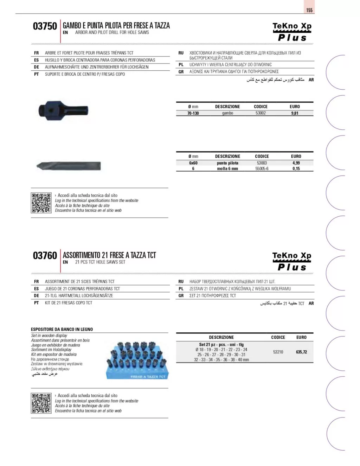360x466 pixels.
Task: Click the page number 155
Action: pyautogui.click(x=309, y=10)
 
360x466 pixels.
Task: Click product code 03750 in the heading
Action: pyautogui.click(x=45, y=26)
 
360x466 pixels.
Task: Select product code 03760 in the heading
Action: pyautogui.click(x=45, y=256)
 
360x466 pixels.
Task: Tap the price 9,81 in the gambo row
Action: pyautogui.click(x=295, y=113)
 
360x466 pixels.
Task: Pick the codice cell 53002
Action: pyautogui.click(x=261, y=113)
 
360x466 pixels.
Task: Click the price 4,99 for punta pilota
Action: pyautogui.click(x=296, y=163)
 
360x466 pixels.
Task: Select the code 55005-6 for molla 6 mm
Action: pyautogui.click(x=262, y=169)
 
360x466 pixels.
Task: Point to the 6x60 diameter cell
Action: pyautogui.click(x=193, y=163)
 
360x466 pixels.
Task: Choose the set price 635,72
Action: pyautogui.click(x=301, y=352)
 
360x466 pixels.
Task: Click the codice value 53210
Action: pyautogui.click(x=278, y=352)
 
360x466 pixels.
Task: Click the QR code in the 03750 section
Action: pyautogui.click(x=41, y=203)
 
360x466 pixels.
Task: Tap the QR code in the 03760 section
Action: pyautogui.click(x=41, y=403)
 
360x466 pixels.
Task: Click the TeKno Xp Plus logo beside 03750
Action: pyautogui.click(x=292, y=32)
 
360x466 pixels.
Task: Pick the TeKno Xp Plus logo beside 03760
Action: pyautogui.click(x=292, y=262)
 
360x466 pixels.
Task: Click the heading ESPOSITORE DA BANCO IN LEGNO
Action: pyautogui.click(x=62, y=330)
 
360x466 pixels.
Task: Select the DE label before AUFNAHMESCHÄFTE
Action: pyautogui.click(x=37, y=67)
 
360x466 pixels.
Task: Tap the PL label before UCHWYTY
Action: pyautogui.click(x=181, y=65)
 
